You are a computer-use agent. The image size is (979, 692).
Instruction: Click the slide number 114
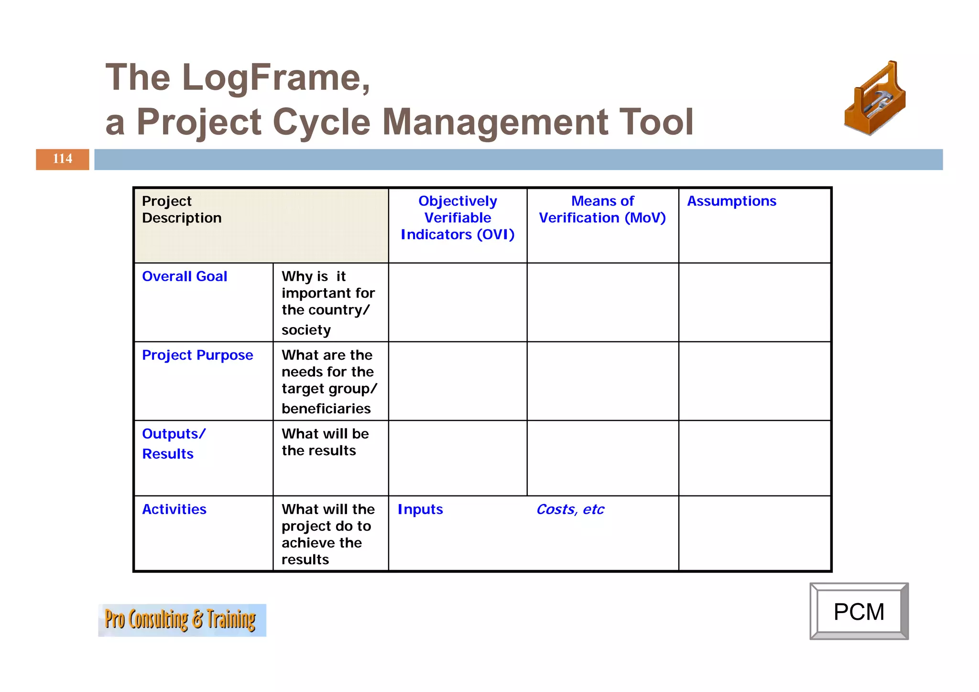[x=63, y=159]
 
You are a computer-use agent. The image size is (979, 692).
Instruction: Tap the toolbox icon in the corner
[x=875, y=99]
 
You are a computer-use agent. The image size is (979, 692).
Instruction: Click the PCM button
[x=859, y=612]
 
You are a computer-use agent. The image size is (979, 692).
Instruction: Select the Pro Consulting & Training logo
[x=182, y=620]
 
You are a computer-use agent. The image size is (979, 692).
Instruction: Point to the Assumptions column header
[x=731, y=201]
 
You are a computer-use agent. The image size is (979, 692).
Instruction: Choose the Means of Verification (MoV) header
[x=602, y=209]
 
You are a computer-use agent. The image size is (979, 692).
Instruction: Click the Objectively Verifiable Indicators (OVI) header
[x=457, y=218]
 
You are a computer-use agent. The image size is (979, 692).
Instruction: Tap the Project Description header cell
[x=182, y=209]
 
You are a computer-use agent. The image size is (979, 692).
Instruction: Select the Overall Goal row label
[x=185, y=276]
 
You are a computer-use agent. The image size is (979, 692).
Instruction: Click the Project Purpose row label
[x=197, y=355]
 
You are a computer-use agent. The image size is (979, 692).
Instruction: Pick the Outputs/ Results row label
[x=174, y=443]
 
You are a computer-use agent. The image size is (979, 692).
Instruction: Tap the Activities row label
[x=174, y=509]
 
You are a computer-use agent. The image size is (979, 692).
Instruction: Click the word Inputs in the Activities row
[x=420, y=509]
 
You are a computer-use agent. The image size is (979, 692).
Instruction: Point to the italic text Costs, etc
[x=570, y=509]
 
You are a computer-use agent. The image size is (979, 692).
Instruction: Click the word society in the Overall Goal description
[x=306, y=330]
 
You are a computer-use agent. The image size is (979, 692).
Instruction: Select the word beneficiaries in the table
[x=326, y=409]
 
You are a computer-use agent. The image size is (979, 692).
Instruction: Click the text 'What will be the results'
[x=325, y=442]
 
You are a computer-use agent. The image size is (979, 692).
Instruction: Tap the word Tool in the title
[x=655, y=122]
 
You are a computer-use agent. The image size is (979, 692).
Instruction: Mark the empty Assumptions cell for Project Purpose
[x=754, y=381]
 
